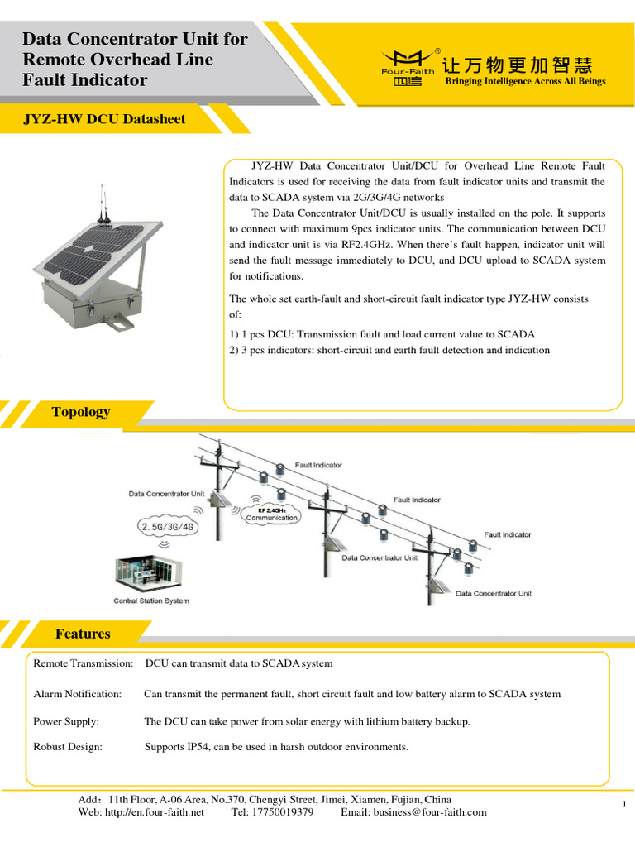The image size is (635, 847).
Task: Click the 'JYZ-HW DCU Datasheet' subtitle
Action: (x=104, y=119)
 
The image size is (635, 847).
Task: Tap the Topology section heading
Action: (x=80, y=412)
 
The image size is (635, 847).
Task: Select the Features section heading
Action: (x=82, y=634)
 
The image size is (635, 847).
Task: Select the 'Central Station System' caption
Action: (x=150, y=601)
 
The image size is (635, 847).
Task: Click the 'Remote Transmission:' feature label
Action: (x=83, y=663)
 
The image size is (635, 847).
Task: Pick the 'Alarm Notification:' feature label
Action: (x=77, y=694)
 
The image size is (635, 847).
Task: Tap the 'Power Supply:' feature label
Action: (x=66, y=721)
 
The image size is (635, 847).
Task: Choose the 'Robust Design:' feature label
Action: (x=68, y=747)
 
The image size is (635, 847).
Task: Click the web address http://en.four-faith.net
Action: (x=153, y=812)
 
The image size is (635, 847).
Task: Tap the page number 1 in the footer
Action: (x=623, y=805)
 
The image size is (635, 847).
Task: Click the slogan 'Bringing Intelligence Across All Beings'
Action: (x=525, y=81)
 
